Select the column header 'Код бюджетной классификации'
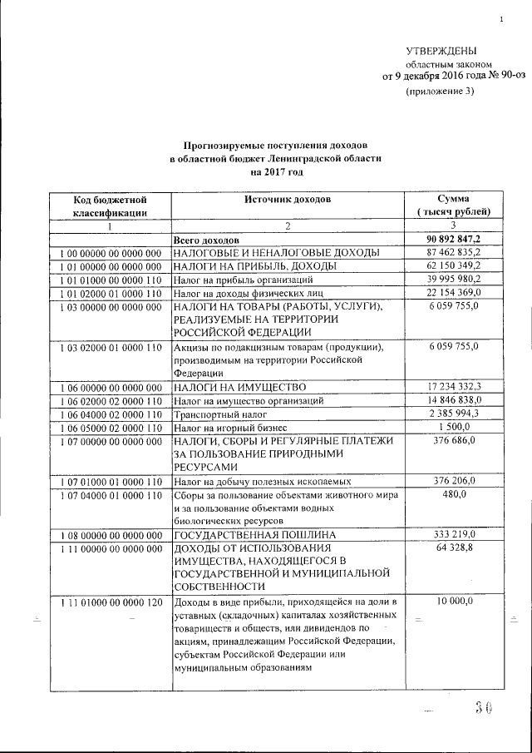110,206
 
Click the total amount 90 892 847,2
454,239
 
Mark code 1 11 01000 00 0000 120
110,602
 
